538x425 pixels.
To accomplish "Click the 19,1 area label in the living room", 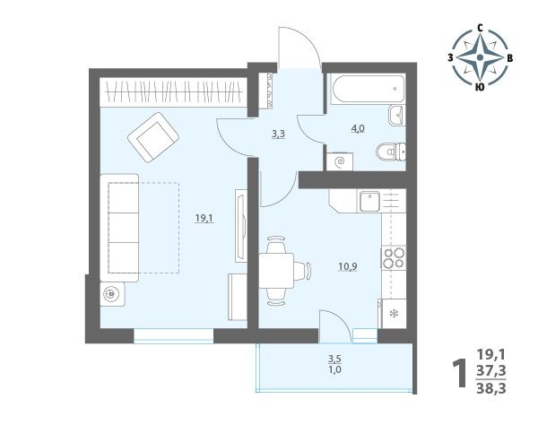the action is pos(204,218).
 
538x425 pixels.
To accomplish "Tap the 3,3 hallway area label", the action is pos(278,134).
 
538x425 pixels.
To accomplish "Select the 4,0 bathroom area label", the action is pos(358,128).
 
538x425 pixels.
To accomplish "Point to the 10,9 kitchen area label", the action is pos(348,266).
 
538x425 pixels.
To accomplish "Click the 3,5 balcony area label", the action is pos(334,360).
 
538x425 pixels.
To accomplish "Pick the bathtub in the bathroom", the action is pos(368,89).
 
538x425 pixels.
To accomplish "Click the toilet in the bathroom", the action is pos(391,152).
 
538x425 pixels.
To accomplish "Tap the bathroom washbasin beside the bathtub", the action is pos(397,115).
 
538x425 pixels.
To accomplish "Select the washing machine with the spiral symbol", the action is pos(340,161).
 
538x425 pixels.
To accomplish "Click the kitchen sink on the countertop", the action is pos(369,202).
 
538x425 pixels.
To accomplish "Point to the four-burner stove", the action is pos(394,257).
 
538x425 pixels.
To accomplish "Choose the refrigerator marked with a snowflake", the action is pos(393,314).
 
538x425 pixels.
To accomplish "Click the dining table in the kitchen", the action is pos(276,271).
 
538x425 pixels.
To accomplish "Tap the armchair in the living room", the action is pos(153,137).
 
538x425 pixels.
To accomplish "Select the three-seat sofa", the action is pos(119,228).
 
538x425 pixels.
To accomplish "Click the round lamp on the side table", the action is pos(111,294).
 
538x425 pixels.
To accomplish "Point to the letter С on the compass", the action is pos(481,29).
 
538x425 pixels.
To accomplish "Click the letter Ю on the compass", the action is pos(480,87).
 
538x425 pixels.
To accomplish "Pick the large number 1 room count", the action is pos(459,373).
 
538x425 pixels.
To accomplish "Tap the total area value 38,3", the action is pos(491,388).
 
